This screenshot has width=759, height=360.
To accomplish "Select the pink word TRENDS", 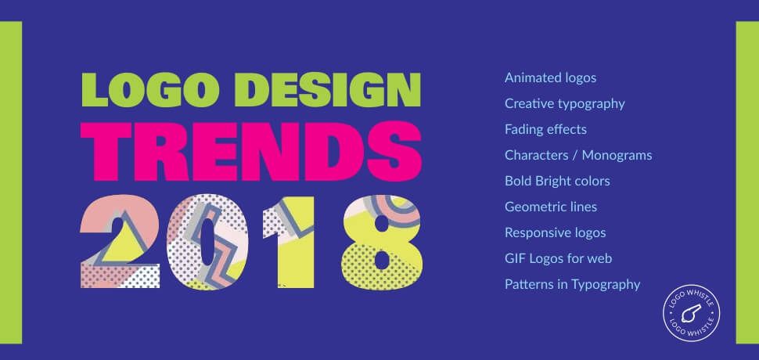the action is tap(250, 152).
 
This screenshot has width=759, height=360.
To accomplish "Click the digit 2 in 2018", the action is tap(120, 242).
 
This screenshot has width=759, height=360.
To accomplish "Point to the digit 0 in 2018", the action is tap(207, 242).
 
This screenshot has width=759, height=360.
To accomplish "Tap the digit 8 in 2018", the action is tap(382, 242).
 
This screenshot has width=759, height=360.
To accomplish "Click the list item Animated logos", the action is tap(550, 78).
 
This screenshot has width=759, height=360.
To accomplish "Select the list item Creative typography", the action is tap(565, 103).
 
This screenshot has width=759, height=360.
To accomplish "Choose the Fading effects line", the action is tap(545, 129).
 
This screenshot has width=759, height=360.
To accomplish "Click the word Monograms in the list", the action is tap(617, 155).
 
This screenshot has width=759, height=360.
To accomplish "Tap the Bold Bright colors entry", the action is tap(557, 181).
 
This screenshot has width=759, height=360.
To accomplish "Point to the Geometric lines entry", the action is tap(551, 207).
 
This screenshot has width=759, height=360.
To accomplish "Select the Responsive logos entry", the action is tap(556, 232).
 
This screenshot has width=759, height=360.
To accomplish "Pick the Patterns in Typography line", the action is tap(573, 285).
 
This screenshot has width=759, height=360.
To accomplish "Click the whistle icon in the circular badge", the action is tap(691, 314).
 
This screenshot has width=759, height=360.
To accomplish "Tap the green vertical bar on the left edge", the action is tap(11, 182).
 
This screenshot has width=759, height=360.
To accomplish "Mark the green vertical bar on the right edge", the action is tap(747, 182).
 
